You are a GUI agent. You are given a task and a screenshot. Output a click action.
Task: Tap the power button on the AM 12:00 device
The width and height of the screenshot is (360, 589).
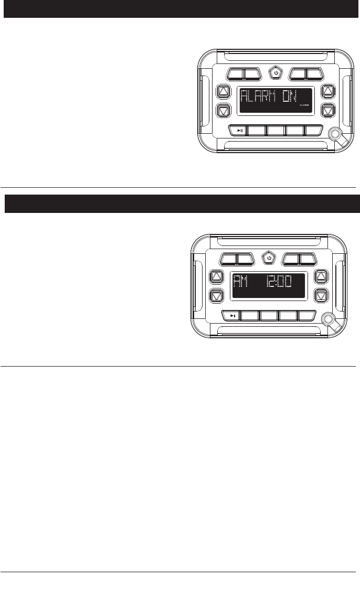[268, 258]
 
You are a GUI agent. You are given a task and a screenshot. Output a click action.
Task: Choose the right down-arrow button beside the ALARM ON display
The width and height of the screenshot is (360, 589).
[328, 110]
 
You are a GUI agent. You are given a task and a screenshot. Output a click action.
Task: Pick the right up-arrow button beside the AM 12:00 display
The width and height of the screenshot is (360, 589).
[321, 276]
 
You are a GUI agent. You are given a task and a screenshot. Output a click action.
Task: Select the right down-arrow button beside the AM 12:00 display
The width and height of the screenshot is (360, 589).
[321, 295]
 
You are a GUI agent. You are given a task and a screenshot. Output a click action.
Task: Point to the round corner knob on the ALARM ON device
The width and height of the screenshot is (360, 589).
[335, 134]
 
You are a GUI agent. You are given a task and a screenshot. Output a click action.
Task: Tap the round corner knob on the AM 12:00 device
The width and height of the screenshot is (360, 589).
[327, 319]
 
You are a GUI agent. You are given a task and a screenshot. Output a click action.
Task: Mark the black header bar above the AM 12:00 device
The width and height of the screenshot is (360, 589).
[180, 204]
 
